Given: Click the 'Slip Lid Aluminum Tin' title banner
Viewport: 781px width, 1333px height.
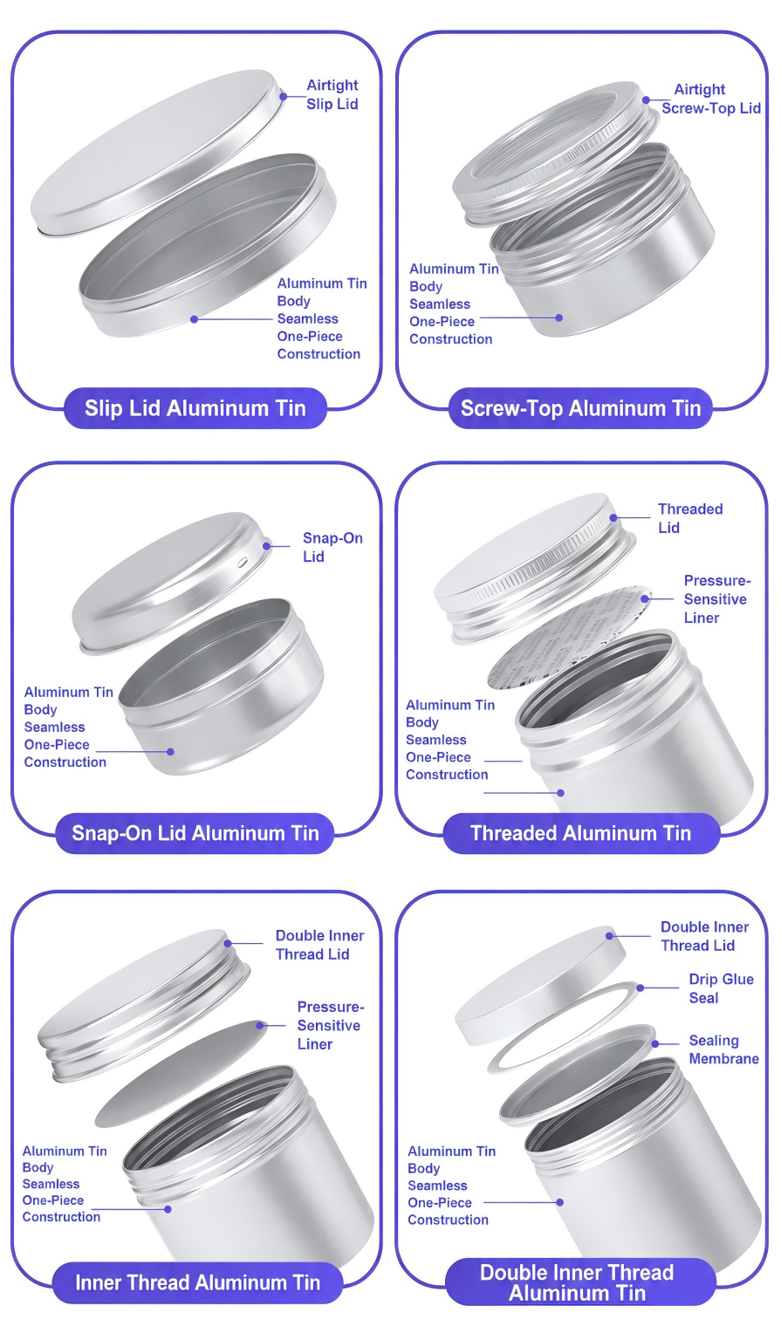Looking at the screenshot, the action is (x=195, y=408).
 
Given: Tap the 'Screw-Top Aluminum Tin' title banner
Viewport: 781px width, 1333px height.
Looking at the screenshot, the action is (x=580, y=408).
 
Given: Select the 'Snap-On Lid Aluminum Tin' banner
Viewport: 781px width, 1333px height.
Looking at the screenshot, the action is (x=195, y=833).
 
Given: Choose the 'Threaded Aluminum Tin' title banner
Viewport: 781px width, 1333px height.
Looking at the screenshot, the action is (x=581, y=833).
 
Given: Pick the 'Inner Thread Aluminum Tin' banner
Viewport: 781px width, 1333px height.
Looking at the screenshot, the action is (x=197, y=1282).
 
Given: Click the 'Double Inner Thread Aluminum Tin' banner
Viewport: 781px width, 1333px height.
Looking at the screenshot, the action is (x=578, y=1282).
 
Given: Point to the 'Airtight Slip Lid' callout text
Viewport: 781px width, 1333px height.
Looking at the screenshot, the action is (x=332, y=94).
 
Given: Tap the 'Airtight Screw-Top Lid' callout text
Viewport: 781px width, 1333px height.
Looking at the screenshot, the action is (x=711, y=99).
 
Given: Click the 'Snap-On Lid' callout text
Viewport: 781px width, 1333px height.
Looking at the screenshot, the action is (x=332, y=548).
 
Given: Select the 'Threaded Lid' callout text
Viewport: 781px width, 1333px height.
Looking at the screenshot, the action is (x=690, y=518).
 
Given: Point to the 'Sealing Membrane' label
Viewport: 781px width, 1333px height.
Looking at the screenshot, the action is (x=724, y=1049).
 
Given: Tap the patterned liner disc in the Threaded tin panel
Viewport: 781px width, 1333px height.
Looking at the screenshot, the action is (x=568, y=638).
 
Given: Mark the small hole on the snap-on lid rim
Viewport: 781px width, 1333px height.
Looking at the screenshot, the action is (x=243, y=561).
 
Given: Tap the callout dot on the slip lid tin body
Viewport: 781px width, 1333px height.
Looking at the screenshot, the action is (x=194, y=319).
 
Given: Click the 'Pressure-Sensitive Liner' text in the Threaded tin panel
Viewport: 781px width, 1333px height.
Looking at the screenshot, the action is (x=716, y=598).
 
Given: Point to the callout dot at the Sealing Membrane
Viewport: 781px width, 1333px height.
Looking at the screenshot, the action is (x=654, y=1043).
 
